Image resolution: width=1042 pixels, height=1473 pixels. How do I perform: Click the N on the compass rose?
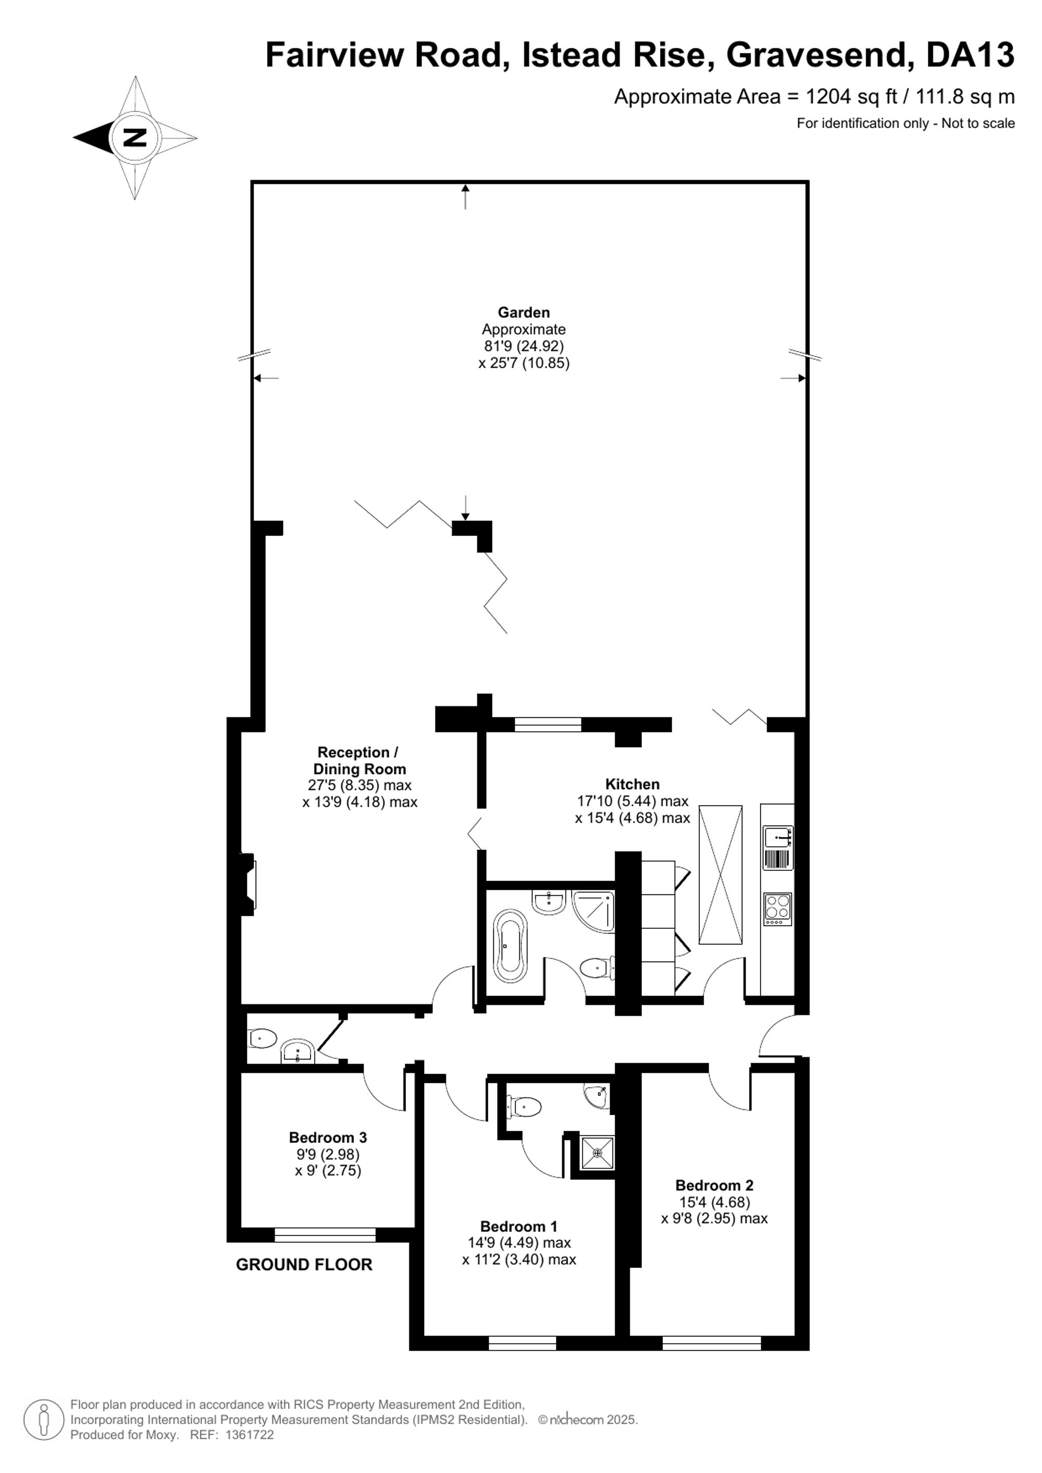(135, 138)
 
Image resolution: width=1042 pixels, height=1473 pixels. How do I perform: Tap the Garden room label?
(524, 313)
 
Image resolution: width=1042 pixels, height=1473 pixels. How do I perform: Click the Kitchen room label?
(632, 784)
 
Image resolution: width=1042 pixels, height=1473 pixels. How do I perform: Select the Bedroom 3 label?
(328, 1138)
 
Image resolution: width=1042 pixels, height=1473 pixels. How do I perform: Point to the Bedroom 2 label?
(714, 1185)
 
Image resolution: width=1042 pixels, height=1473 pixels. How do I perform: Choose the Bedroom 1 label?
(519, 1226)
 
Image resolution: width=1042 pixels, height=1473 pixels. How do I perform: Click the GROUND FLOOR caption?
(304, 1265)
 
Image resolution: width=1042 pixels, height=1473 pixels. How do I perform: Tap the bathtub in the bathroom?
(510, 941)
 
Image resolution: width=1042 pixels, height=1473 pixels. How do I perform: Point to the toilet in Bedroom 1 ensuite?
(524, 1106)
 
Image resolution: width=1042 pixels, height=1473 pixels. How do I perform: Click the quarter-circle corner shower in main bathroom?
(593, 912)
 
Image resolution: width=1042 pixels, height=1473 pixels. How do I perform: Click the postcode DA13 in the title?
(970, 55)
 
